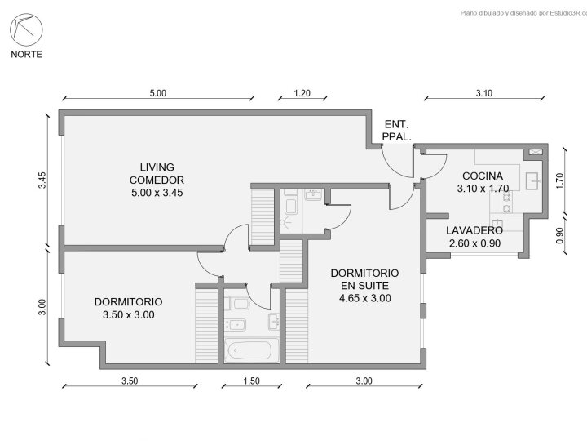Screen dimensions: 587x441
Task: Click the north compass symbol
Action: click(x=26, y=29)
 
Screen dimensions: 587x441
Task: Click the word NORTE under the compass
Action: click(x=26, y=55)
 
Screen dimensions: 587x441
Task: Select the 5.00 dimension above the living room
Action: click(x=158, y=93)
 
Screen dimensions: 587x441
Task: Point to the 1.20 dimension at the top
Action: click(x=302, y=93)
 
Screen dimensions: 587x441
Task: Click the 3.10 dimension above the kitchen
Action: click(x=484, y=93)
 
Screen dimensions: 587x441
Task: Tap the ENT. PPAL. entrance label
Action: click(x=396, y=131)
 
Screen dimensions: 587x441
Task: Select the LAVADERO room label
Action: click(x=474, y=230)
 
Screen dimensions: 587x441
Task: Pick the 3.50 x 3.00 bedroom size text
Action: click(x=129, y=315)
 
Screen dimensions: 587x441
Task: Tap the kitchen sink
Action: click(x=533, y=181)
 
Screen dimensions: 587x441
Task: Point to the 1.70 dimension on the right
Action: click(x=559, y=180)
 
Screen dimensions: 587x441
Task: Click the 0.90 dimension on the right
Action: click(x=559, y=235)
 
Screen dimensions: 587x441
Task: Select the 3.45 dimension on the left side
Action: click(x=42, y=180)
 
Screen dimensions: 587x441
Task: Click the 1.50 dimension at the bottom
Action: click(x=251, y=381)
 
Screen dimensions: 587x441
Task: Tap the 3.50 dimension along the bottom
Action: click(x=130, y=381)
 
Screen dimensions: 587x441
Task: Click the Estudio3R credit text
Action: click(x=523, y=13)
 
